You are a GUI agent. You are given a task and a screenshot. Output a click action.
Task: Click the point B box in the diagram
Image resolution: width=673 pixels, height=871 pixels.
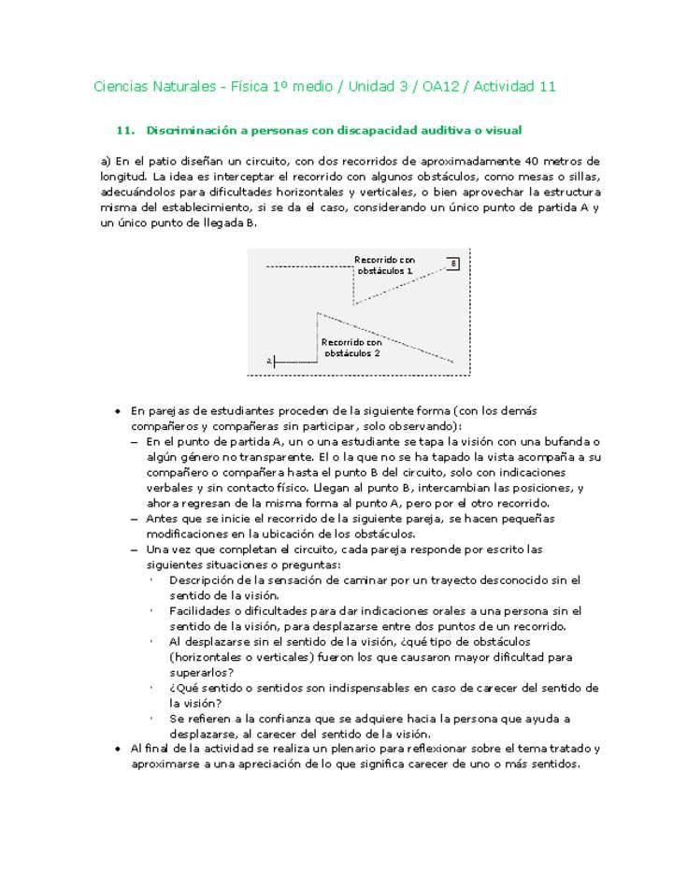click(x=453, y=264)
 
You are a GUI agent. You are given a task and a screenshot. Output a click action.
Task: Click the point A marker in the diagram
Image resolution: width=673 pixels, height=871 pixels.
click(x=269, y=360)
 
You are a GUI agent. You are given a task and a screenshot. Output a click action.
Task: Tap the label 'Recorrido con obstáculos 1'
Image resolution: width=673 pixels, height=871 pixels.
click(x=384, y=264)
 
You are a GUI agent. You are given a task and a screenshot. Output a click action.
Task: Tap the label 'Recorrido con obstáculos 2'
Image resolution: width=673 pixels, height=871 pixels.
click(x=351, y=348)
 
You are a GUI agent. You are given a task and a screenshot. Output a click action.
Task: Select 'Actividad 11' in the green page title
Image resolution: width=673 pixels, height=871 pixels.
click(x=515, y=87)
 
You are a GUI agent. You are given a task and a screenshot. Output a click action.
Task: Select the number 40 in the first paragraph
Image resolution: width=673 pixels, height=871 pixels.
click(x=535, y=161)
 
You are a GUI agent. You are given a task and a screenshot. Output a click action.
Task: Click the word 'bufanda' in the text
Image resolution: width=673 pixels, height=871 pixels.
click(x=571, y=441)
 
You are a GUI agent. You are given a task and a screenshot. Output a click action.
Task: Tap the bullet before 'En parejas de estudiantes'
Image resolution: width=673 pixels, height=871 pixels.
click(x=117, y=411)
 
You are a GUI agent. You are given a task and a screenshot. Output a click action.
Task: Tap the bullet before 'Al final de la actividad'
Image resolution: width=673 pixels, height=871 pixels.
click(x=117, y=749)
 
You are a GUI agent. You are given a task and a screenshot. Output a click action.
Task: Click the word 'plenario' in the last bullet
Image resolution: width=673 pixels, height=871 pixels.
click(x=367, y=749)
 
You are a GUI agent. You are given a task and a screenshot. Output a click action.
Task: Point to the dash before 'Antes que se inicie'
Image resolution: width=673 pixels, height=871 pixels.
click(x=136, y=519)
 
